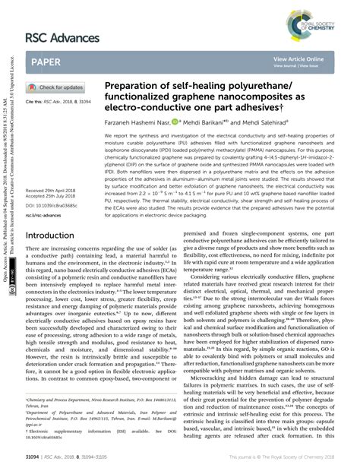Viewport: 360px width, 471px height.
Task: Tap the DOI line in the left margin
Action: point(49,184)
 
